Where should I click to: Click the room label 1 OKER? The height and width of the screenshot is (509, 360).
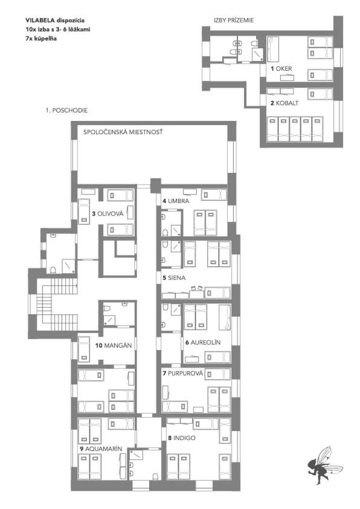point(281,68)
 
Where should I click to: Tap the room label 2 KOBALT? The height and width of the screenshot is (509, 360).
point(284,103)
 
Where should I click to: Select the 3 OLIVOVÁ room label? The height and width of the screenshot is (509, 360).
point(108,213)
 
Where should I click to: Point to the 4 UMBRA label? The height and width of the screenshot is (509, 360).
point(176,201)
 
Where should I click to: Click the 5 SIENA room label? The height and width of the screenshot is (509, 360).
point(174,278)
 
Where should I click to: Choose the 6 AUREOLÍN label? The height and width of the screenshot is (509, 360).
point(203,343)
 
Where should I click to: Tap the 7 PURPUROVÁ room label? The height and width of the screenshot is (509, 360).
point(182,374)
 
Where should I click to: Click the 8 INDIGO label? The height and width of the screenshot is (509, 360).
point(182,438)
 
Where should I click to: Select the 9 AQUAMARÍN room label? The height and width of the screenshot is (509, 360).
point(101,449)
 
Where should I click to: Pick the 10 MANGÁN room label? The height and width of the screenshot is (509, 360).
point(114,345)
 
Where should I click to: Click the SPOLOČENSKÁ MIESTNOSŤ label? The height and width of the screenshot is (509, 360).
point(123,132)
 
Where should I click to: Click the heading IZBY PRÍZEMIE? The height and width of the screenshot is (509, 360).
point(234,20)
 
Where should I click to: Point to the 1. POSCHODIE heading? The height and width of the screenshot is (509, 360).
point(66,111)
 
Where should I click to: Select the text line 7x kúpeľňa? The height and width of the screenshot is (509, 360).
point(41,39)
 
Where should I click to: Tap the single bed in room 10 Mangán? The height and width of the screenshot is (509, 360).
point(84,349)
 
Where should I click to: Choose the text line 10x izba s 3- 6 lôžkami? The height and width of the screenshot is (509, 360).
point(58,30)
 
